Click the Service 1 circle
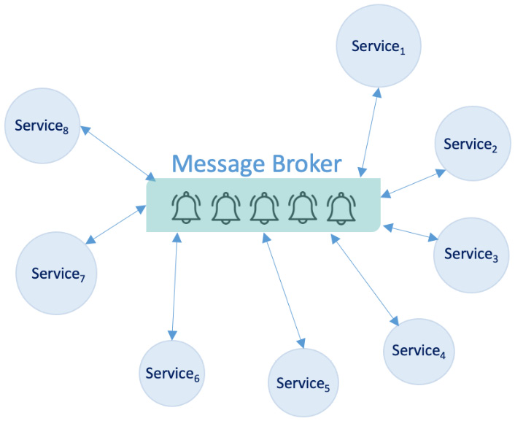[x=376, y=46]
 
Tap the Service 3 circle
[x=471, y=255]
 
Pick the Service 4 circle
[x=419, y=351]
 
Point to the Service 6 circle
[x=173, y=374]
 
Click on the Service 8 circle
[x=43, y=125]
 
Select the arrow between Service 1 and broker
[x=368, y=132]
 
